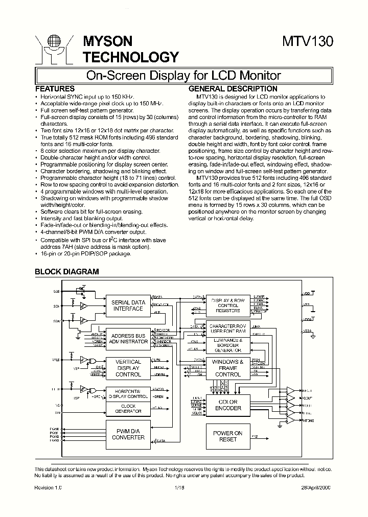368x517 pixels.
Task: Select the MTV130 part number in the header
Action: click(308, 42)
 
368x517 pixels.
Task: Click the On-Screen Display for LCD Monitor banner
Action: click(183, 76)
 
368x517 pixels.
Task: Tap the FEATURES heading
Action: click(55, 88)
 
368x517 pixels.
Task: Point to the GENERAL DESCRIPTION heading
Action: click(226, 88)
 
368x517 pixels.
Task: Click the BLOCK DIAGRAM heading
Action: click(66, 272)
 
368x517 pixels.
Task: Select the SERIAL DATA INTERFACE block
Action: click(128, 305)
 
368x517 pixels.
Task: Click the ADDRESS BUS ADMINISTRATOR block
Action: click(128, 338)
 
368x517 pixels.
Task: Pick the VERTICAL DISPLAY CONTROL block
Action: click(128, 368)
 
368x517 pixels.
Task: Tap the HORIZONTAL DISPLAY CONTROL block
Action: click(128, 393)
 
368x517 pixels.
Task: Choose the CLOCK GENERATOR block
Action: click(128, 408)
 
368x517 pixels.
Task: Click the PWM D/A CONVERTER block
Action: click(128, 434)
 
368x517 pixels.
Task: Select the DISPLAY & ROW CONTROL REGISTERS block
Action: click(228, 305)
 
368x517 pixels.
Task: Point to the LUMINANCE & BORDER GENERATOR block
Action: click(228, 345)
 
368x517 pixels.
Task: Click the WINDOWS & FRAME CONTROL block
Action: click(228, 368)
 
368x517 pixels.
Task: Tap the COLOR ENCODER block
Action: click(228, 405)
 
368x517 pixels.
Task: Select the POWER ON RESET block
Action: click(228, 436)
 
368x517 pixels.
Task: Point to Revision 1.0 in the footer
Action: click(48, 488)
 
